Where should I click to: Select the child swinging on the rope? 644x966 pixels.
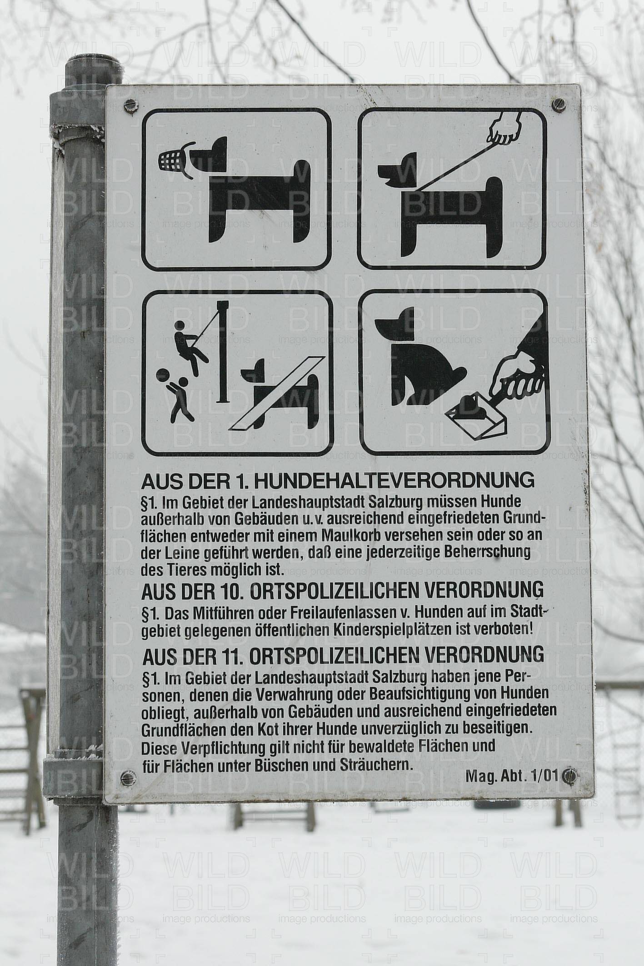click(x=189, y=345)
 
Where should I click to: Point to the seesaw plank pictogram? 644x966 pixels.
click(x=278, y=393)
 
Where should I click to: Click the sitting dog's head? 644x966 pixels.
click(x=395, y=324)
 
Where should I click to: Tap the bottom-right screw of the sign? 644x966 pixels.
click(x=568, y=775)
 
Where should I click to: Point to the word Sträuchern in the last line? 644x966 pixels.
click(x=377, y=765)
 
